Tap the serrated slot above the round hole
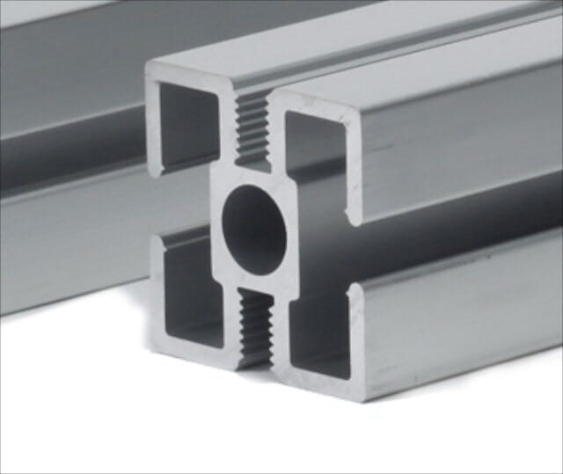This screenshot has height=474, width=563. point(252,127)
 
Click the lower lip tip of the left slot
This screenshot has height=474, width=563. point(156,238)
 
